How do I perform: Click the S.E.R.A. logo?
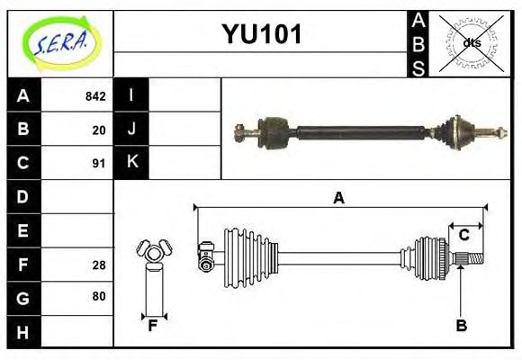[60, 41]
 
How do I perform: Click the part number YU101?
[261, 35]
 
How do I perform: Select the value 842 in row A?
[95, 96]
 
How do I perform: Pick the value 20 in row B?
[99, 130]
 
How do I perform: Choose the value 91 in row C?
[99, 164]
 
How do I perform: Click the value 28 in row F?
[99, 265]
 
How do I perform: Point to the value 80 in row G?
[99, 296]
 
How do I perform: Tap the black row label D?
[23, 196]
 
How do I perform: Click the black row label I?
[131, 95]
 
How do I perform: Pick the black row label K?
[131, 162]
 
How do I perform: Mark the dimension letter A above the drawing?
[338, 198]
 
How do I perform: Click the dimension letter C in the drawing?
[463, 235]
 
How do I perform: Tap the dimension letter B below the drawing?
[461, 326]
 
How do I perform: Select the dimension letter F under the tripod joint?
[153, 326]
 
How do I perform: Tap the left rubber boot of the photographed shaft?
[271, 130]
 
